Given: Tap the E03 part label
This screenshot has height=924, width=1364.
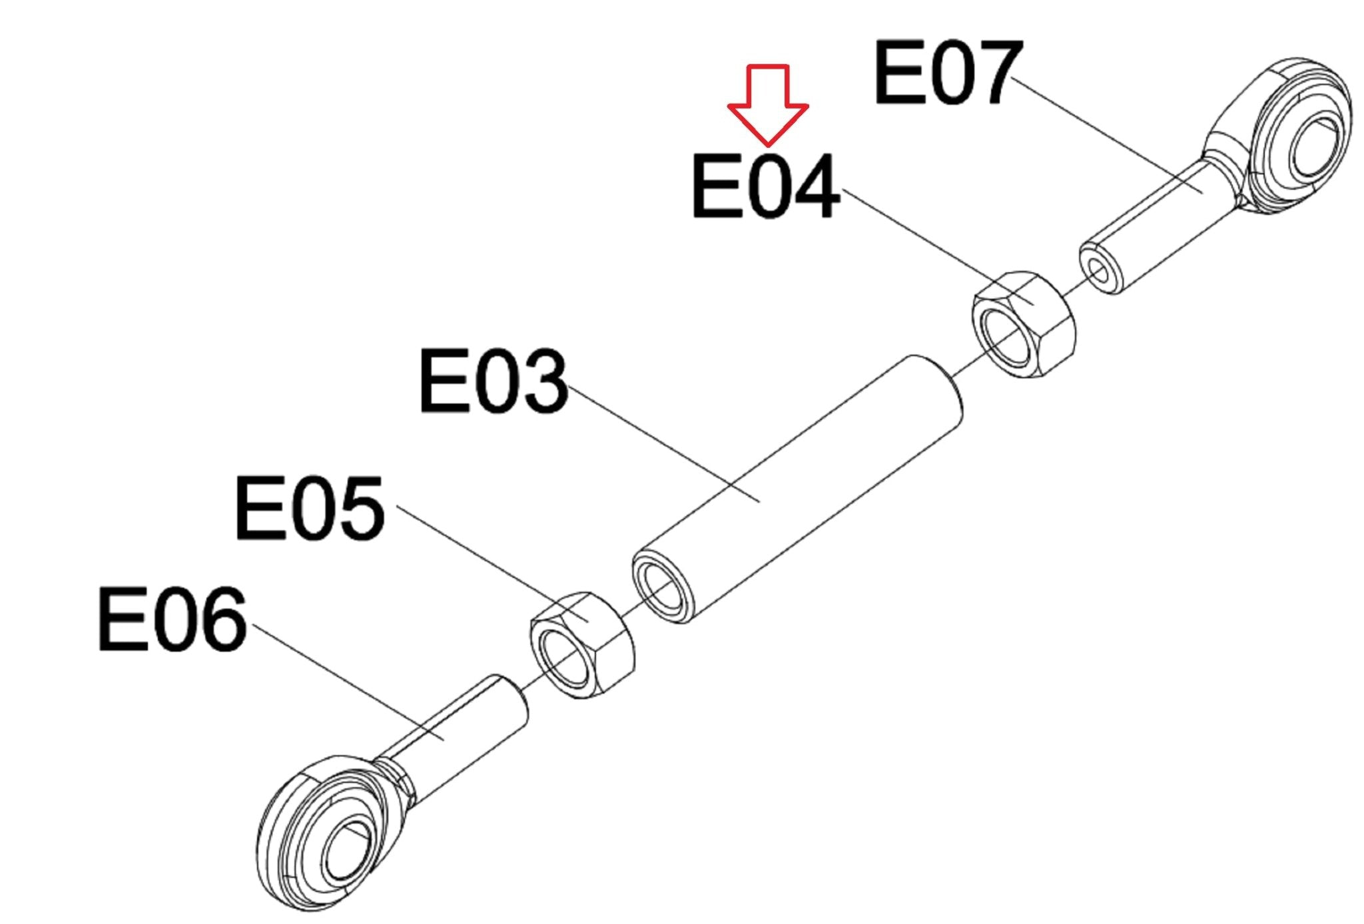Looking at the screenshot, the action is click(493, 381).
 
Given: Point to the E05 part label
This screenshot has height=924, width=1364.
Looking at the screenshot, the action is click(310, 508).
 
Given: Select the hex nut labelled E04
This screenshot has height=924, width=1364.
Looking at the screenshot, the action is click(1024, 324).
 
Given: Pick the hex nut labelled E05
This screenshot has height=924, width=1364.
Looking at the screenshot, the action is click(581, 644).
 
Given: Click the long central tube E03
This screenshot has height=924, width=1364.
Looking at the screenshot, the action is click(799, 486).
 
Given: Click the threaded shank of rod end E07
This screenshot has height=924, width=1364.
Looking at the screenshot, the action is click(1159, 226).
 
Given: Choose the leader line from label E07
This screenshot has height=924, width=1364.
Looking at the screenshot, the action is click(1106, 133).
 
